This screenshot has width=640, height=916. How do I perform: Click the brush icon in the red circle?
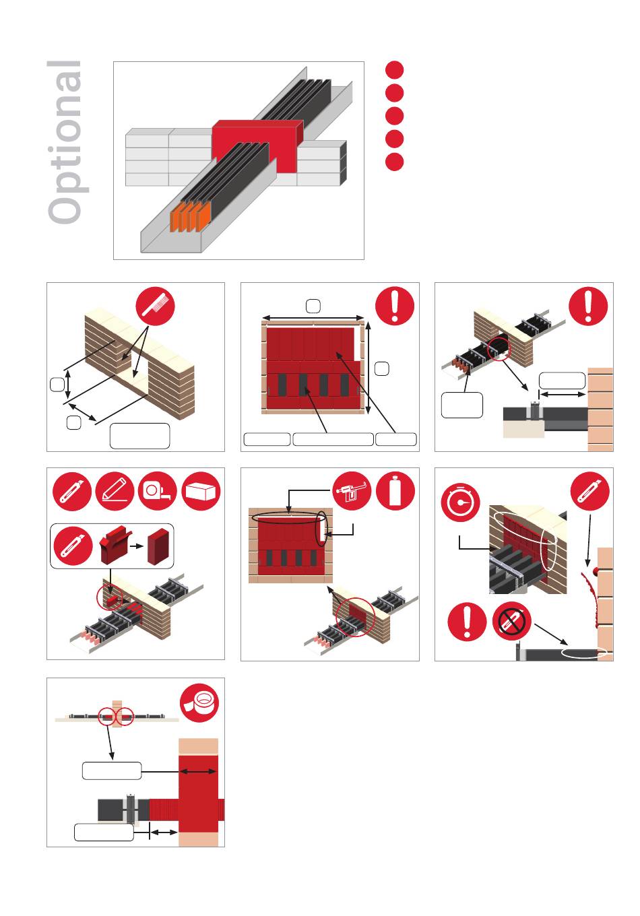[x=156, y=306]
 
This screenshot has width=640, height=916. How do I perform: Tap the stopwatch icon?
[x=461, y=502]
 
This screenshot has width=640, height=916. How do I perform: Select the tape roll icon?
[x=199, y=702]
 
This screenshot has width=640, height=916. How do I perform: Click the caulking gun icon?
[x=352, y=491]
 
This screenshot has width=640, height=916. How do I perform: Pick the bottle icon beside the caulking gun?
[x=395, y=491]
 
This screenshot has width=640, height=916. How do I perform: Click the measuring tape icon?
[x=158, y=492]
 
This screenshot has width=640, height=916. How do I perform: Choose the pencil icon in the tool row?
[x=115, y=492]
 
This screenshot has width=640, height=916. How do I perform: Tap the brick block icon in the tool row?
[x=201, y=492]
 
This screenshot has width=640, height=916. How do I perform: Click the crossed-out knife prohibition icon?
[x=511, y=622]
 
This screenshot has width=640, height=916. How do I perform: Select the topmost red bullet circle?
[x=394, y=70]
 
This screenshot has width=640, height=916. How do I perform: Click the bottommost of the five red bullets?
[x=394, y=162]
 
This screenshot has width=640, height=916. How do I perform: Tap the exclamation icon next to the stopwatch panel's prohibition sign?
[x=467, y=622]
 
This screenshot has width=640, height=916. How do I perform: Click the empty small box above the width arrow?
[x=313, y=306]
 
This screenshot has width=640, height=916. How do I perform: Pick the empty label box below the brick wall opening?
[x=140, y=436]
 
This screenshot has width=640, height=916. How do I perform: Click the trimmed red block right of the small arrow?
[x=159, y=546]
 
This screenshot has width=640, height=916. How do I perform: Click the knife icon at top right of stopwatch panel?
[x=589, y=491]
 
